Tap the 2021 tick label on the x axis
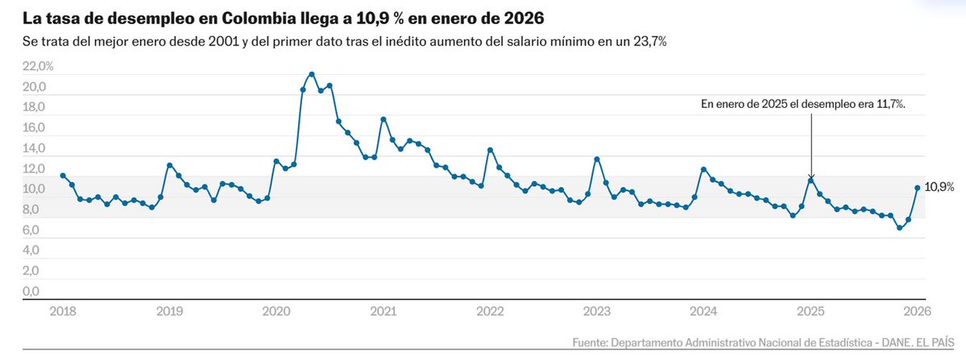(383, 311)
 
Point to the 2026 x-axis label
(917, 311)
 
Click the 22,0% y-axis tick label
(38, 67)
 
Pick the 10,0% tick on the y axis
(38, 189)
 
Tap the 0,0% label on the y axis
(40, 291)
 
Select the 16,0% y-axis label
(38, 128)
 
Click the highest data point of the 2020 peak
(312, 74)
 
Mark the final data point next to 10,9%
(917, 188)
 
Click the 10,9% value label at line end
(939, 187)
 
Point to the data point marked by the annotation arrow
(811, 180)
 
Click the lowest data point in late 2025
(899, 228)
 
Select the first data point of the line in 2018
(63, 176)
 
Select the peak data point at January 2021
(383, 119)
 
